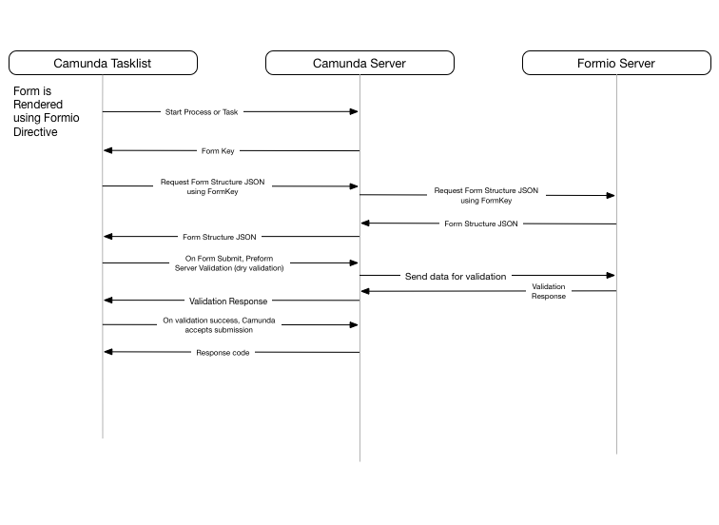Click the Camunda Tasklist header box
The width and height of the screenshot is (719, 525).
(x=103, y=63)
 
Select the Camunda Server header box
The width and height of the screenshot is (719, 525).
(x=359, y=63)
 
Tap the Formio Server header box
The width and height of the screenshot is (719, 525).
(x=616, y=63)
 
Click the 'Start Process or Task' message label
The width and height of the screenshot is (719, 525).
(x=202, y=112)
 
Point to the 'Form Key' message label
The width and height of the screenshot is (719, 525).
(x=218, y=151)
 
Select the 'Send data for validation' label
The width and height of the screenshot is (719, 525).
(x=456, y=277)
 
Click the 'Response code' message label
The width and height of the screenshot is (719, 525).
(x=223, y=353)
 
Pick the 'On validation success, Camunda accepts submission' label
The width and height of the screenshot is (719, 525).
(x=219, y=325)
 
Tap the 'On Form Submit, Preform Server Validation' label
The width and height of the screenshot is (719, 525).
(x=229, y=263)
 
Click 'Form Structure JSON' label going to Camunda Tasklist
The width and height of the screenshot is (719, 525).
(x=219, y=237)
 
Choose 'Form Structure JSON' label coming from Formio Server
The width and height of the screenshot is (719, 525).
(x=481, y=224)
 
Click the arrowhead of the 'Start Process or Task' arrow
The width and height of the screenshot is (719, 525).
(x=354, y=111)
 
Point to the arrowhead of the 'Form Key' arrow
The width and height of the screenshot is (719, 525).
(x=108, y=150)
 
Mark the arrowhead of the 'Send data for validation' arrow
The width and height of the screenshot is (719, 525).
(x=611, y=275)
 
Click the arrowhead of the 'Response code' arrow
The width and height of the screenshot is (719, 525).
(x=108, y=352)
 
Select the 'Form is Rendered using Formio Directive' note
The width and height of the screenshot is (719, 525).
(x=47, y=111)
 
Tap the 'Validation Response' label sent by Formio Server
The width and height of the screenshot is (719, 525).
(x=549, y=291)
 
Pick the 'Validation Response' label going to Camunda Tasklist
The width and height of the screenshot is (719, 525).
(x=228, y=301)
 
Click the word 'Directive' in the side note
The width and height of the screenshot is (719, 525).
(x=35, y=132)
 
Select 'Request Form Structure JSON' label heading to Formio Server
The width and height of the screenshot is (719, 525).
(x=486, y=195)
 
